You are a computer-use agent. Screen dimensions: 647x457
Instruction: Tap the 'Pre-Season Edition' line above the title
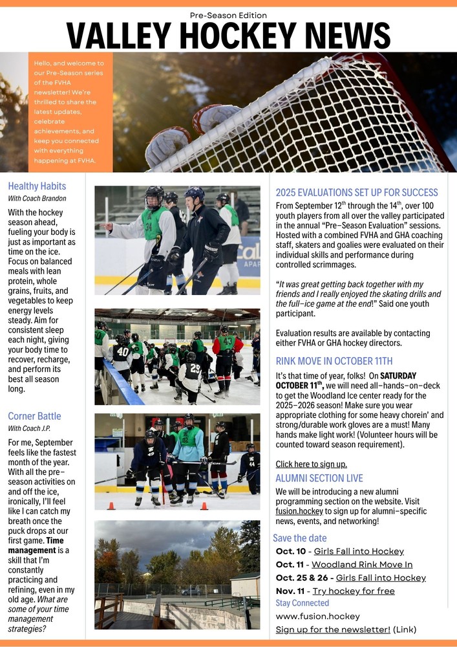click(x=228, y=15)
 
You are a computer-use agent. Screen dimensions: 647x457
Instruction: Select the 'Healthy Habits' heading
click(x=37, y=186)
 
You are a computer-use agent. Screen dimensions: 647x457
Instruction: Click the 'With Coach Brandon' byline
click(x=37, y=199)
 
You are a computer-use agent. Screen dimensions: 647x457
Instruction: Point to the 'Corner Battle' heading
click(x=34, y=416)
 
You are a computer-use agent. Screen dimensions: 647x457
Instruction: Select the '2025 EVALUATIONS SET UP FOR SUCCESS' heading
click(x=357, y=192)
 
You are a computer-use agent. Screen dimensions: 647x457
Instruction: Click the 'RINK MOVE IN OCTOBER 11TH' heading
click(x=334, y=361)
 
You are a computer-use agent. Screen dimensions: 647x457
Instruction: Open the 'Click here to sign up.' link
click(x=311, y=464)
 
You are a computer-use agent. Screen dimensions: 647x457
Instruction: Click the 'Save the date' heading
click(x=299, y=538)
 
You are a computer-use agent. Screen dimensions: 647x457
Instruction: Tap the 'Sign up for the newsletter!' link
click(x=333, y=630)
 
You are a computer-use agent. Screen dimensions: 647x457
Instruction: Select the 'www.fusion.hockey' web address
click(x=317, y=616)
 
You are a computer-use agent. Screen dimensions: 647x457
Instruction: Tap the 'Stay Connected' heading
click(x=302, y=603)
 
